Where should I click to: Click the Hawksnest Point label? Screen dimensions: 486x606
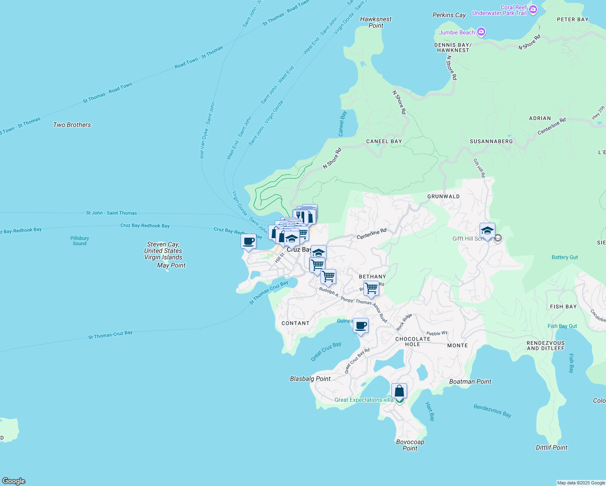[x=376, y=22]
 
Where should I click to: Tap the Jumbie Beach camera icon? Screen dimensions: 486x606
[x=481, y=32]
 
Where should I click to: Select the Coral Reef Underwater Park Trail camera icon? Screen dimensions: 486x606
[x=533, y=9]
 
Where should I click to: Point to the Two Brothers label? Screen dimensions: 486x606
[x=72, y=125]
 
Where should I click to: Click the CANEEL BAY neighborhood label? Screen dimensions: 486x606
[x=384, y=141]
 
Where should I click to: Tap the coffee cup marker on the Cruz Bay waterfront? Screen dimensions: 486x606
[x=248, y=242]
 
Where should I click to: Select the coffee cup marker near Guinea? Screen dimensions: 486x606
[x=361, y=325]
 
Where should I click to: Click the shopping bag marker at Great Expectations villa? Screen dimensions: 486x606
[x=399, y=391]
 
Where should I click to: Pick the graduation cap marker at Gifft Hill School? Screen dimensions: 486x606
[x=487, y=231]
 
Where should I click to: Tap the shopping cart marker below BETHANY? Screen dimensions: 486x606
[x=371, y=289]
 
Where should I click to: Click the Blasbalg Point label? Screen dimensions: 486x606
[x=310, y=379]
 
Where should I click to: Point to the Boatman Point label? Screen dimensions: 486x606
[x=470, y=382]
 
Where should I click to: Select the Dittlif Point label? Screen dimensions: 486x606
[x=551, y=448]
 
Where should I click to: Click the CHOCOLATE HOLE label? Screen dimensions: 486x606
[x=412, y=341]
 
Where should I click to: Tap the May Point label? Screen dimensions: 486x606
[x=171, y=265]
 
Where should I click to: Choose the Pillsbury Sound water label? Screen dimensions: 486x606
[x=79, y=241]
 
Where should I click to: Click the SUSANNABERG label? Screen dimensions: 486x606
[x=491, y=141]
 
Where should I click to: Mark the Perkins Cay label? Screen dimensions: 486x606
[x=449, y=15]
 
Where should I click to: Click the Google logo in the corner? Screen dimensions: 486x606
[x=13, y=481]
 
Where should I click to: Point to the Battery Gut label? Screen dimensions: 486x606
[x=564, y=257]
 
